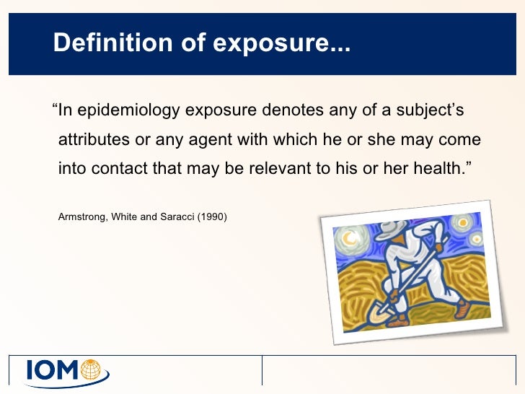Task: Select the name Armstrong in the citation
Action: pos(81,215)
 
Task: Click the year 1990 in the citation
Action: pos(212,215)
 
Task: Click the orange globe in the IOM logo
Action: pos(92,369)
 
